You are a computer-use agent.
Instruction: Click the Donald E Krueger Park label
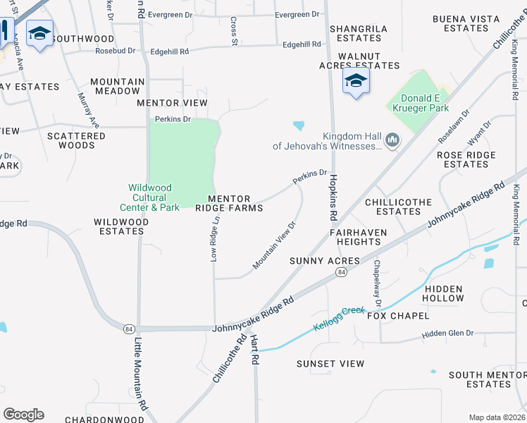click(424, 103)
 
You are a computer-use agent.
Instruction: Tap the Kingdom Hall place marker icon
click(392, 142)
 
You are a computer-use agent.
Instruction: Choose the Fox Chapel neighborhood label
click(398, 315)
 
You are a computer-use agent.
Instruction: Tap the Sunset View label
click(330, 364)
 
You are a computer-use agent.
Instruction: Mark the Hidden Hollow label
click(445, 293)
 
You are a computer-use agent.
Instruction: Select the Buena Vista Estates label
click(461, 23)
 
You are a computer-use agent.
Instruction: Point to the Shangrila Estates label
click(359, 33)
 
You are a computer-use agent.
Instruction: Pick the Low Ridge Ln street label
click(216, 239)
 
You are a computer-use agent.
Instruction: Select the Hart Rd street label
click(255, 350)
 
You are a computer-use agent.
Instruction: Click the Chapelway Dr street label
click(378, 283)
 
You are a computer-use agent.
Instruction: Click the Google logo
click(23, 415)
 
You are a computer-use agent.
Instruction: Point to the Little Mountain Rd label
click(141, 374)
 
